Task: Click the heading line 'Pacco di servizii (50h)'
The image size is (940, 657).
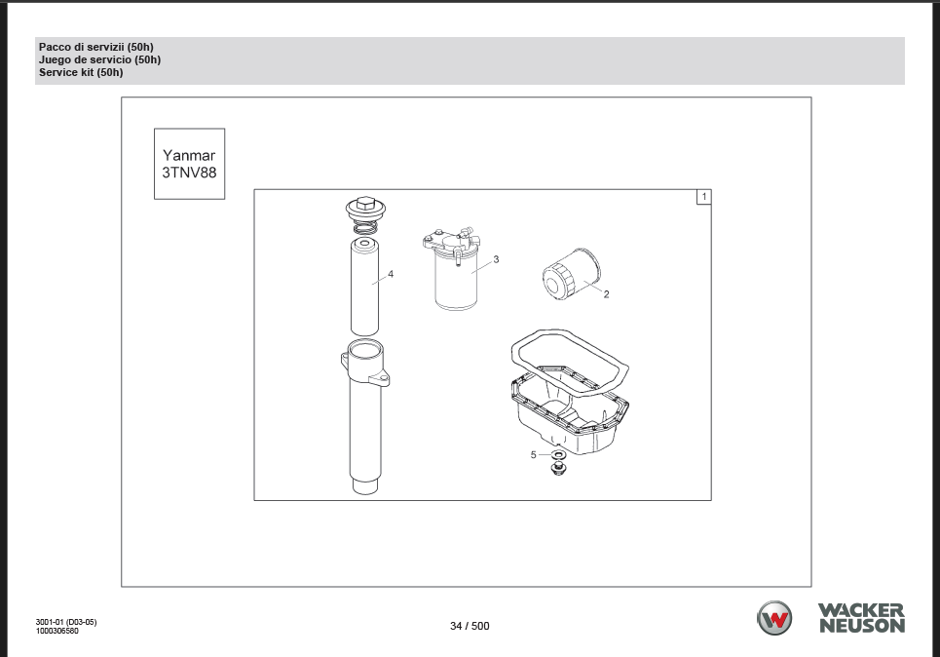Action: [x=95, y=47]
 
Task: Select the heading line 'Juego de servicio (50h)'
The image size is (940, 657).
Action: [x=99, y=59]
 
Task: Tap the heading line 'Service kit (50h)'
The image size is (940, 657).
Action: [x=81, y=72]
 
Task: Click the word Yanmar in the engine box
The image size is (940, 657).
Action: [x=189, y=155]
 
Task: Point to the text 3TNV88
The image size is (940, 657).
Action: [x=189, y=173]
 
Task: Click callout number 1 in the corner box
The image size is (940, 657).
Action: [x=704, y=197]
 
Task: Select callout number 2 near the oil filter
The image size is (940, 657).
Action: [x=606, y=294]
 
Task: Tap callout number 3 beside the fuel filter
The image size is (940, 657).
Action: [x=496, y=260]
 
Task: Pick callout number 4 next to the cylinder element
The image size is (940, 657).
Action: [x=391, y=274]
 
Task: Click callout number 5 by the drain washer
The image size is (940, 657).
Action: [x=534, y=455]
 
